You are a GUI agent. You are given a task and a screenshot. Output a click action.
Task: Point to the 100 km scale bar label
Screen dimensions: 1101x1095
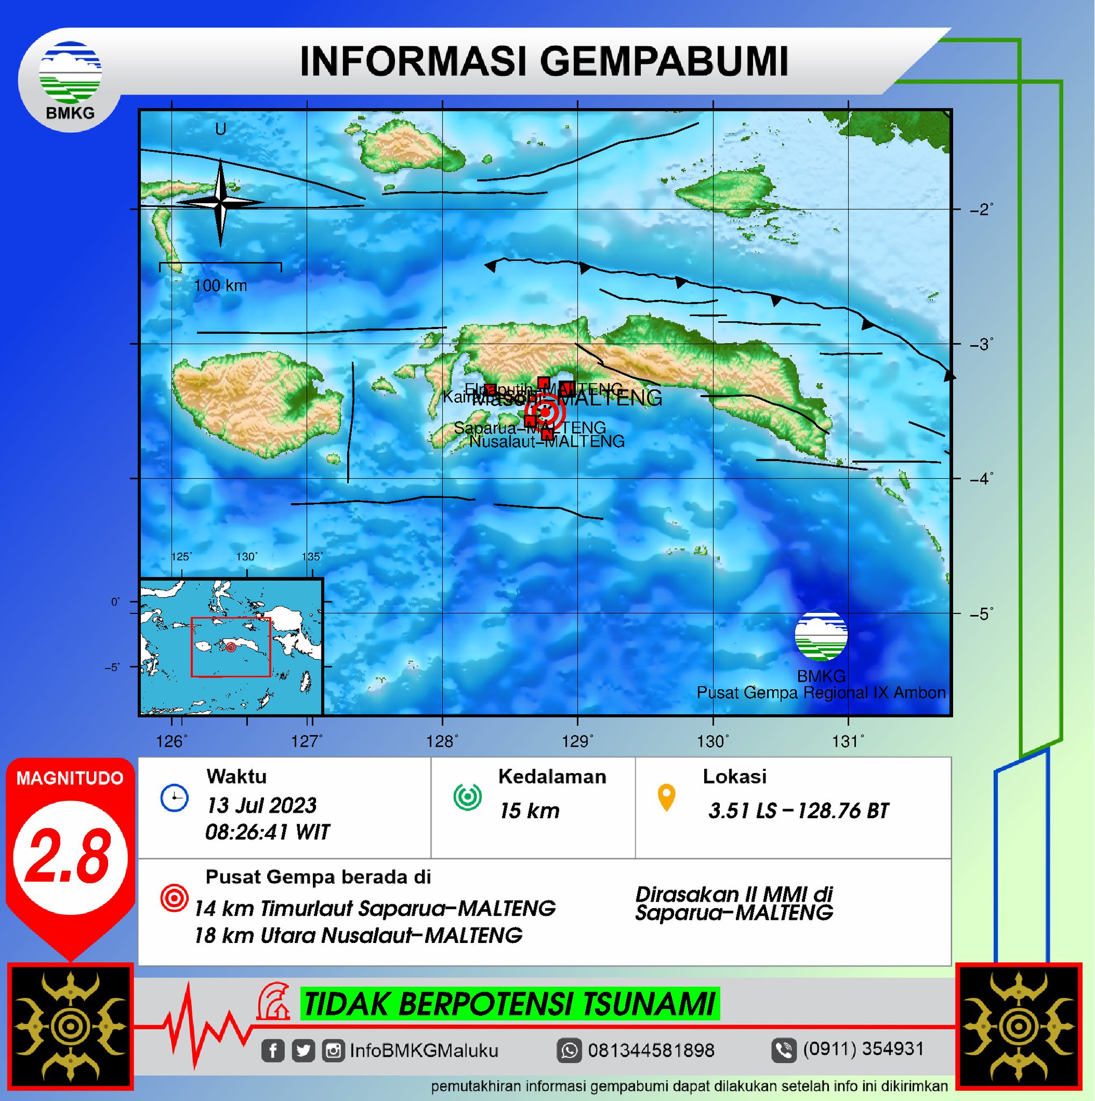pyautogui.click(x=220, y=285)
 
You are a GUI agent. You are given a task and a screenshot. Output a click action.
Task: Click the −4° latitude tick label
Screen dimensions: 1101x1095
pyautogui.click(x=982, y=478)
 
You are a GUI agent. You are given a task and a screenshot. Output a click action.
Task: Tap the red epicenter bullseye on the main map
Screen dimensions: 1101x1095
pyautogui.click(x=545, y=412)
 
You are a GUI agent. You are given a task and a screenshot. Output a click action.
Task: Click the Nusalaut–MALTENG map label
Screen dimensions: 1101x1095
pyautogui.click(x=547, y=441)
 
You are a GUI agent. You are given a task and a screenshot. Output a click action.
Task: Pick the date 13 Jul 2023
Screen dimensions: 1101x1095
pyautogui.click(x=261, y=805)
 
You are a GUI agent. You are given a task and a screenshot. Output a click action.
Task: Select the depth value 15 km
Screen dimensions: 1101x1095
pyautogui.click(x=529, y=811)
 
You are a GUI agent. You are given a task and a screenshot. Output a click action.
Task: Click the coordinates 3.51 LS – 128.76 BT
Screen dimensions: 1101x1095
pyautogui.click(x=798, y=811)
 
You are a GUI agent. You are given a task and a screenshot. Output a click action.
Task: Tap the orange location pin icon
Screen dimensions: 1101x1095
pyautogui.click(x=666, y=797)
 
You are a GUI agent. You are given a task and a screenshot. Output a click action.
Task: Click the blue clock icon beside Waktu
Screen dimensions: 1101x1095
pyautogui.click(x=174, y=798)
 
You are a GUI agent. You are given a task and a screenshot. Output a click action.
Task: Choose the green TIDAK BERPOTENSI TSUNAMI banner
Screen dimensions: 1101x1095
pyautogui.click(x=510, y=1004)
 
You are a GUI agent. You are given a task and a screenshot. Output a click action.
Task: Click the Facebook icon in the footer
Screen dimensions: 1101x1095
pyautogui.click(x=273, y=1050)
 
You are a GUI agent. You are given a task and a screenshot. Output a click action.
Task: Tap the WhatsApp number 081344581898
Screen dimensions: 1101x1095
pyautogui.click(x=651, y=1050)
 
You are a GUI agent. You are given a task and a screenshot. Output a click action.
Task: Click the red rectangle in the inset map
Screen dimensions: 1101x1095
pyautogui.click(x=231, y=647)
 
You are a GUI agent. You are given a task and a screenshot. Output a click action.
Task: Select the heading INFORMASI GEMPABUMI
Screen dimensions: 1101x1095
pyautogui.click(x=544, y=61)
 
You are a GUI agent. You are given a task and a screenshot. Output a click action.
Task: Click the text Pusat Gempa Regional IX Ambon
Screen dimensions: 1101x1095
pyautogui.click(x=821, y=693)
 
